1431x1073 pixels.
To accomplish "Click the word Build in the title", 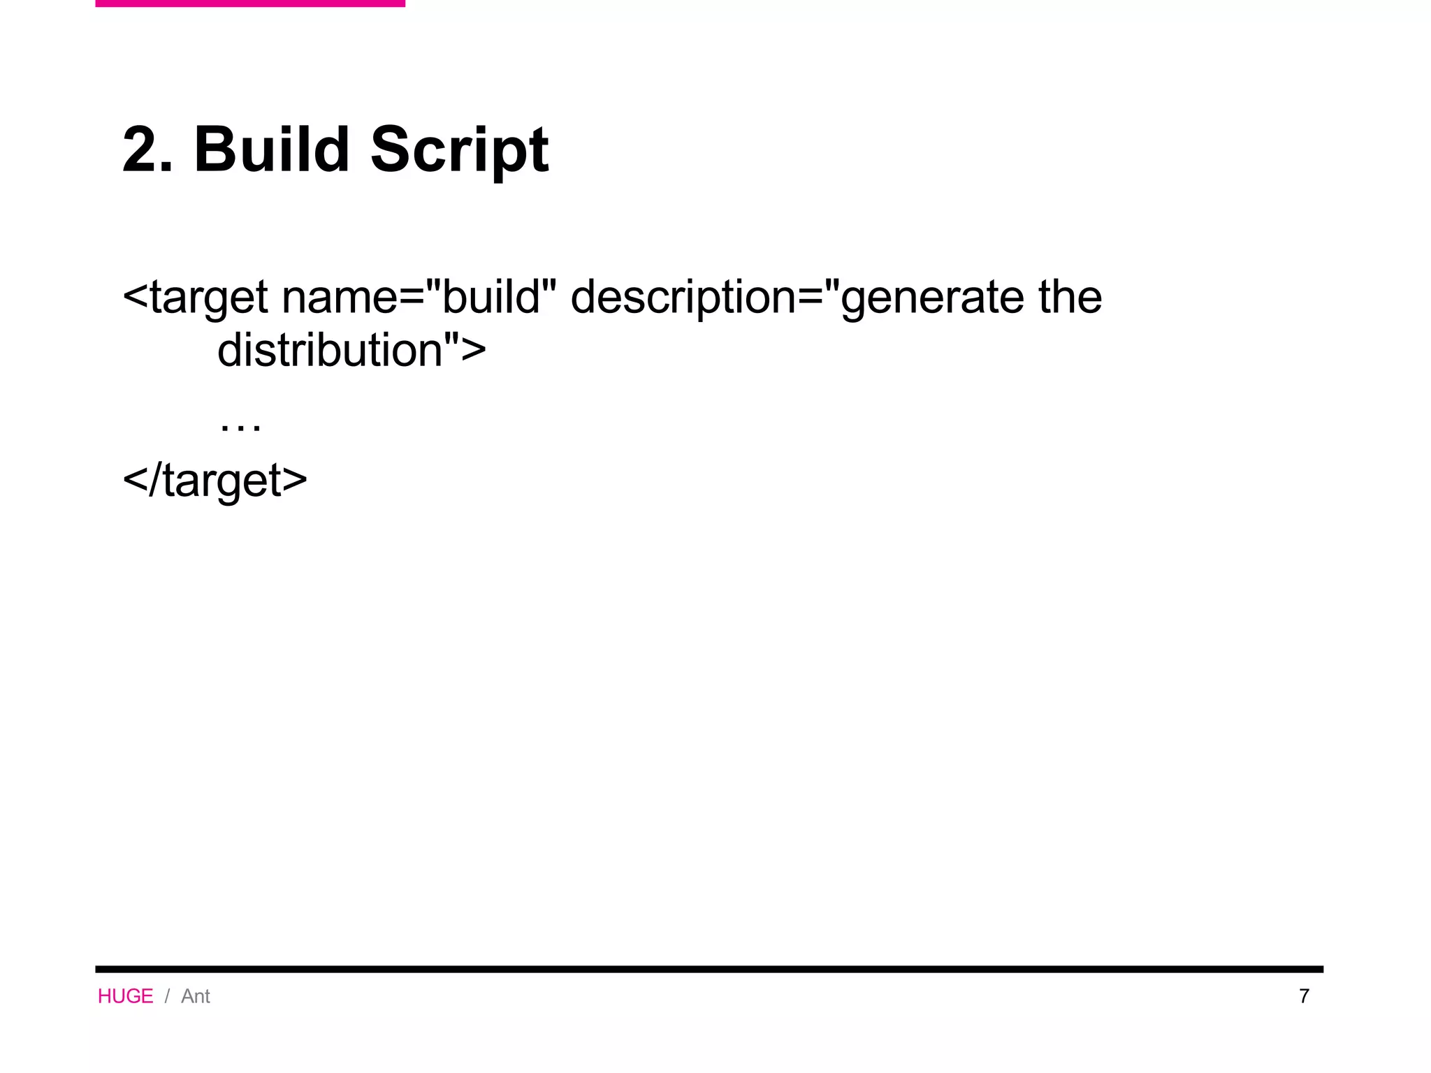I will [271, 149].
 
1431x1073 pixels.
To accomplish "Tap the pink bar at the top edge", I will [249, 3].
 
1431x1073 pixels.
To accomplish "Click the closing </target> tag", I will [215, 481].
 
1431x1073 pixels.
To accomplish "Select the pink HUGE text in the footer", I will [125, 996].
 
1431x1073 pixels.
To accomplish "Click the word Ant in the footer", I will [196, 996].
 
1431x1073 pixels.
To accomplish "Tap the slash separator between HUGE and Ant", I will [167, 996].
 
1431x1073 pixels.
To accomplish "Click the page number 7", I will [1304, 996].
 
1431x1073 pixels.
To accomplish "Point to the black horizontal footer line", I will [709, 969].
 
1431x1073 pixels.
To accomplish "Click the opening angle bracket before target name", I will [136, 297].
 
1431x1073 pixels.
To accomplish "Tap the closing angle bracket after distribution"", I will [474, 350].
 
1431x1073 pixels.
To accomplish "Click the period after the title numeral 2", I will [167, 168].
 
